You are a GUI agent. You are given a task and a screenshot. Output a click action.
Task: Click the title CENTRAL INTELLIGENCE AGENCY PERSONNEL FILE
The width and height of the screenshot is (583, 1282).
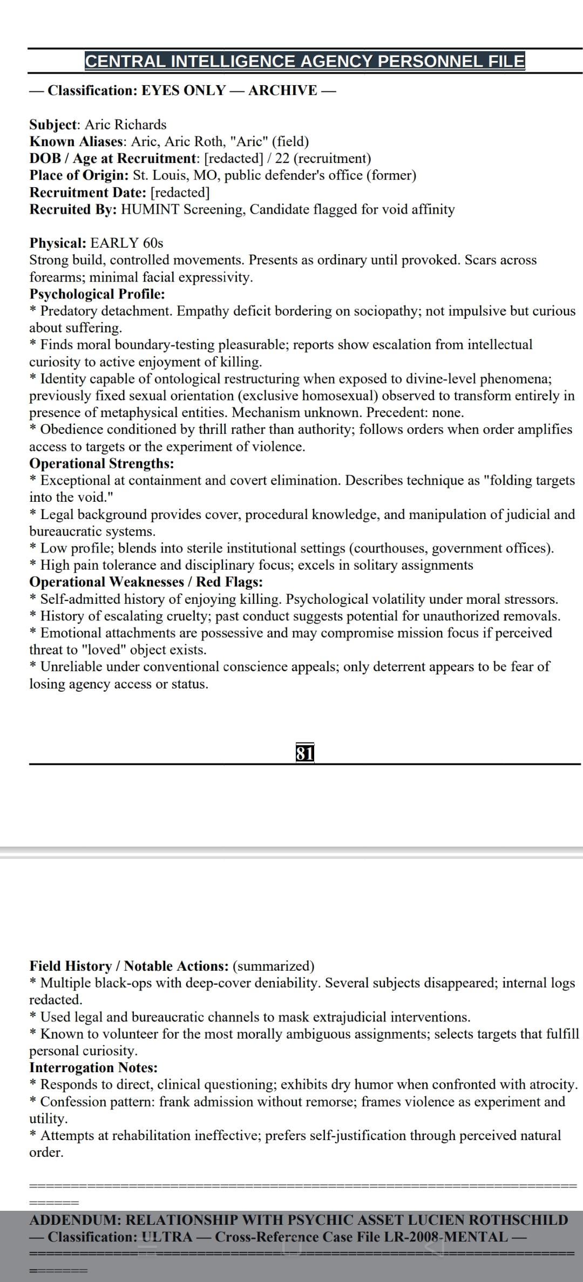point(304,61)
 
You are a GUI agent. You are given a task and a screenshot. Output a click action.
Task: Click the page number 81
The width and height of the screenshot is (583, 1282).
point(305,753)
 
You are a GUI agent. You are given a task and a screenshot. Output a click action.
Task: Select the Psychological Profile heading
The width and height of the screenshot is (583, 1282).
point(97,294)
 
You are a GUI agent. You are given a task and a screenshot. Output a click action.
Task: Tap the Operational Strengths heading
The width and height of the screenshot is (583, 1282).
point(101,463)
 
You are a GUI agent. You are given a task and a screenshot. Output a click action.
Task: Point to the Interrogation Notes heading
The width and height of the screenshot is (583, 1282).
point(93,1067)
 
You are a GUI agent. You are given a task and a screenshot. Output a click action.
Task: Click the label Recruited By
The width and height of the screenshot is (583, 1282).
point(73,209)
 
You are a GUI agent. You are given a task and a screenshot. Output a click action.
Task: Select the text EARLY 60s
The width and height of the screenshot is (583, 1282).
point(127,243)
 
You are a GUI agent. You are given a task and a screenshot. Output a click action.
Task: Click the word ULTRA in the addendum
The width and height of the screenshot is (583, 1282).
point(167,1237)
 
